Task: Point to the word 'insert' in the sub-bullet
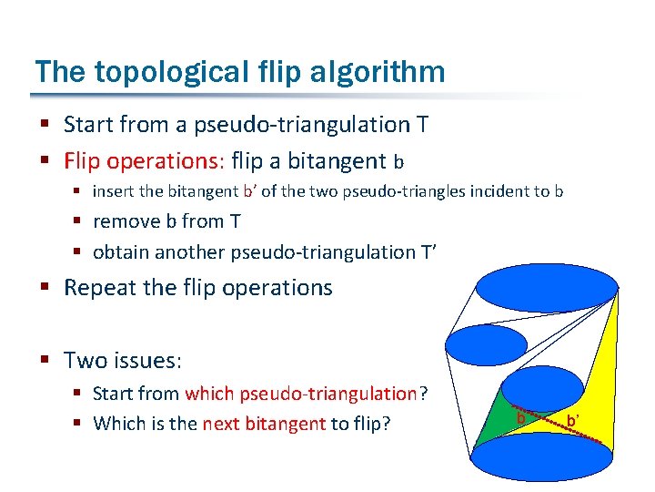(x=114, y=191)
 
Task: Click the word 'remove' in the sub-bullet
(x=125, y=220)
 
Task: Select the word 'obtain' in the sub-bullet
(x=122, y=251)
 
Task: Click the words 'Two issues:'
(x=123, y=360)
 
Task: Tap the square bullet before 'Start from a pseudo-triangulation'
(x=46, y=125)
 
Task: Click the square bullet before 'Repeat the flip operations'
(x=46, y=289)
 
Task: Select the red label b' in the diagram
(x=573, y=420)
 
